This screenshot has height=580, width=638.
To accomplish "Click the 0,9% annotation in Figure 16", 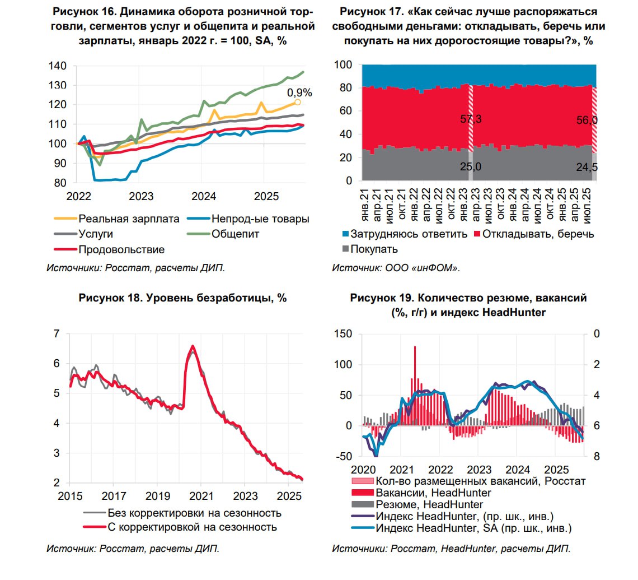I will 299,93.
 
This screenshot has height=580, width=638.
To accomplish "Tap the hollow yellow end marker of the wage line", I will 298,102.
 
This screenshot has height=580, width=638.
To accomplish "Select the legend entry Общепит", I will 235,234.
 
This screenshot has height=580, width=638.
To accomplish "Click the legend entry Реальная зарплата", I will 129,219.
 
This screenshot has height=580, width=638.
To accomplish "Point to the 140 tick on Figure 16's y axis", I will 57,66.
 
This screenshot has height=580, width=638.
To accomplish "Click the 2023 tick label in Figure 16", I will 141,197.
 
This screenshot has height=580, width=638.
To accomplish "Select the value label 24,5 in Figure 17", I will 586,166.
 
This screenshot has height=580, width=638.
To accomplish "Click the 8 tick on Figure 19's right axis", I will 597,457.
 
